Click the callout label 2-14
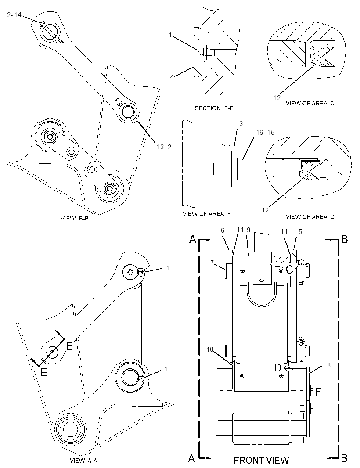[14, 14]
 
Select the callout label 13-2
[164, 147]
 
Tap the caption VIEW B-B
[75, 219]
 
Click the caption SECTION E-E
[214, 108]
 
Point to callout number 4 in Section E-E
[172, 77]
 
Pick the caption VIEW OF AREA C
[310, 103]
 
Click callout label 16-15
[265, 132]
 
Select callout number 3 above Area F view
[241, 124]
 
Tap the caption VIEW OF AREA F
[207, 214]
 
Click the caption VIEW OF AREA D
[310, 217]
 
